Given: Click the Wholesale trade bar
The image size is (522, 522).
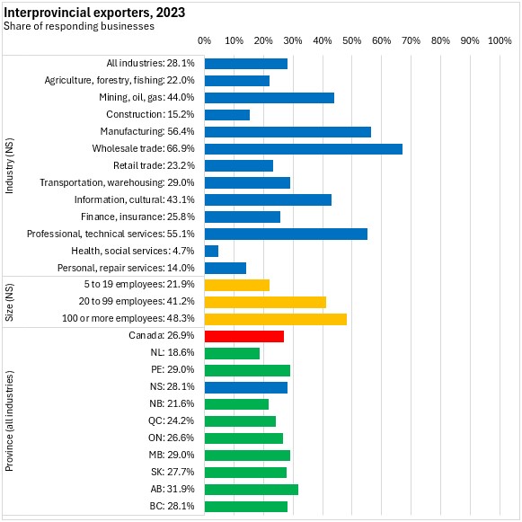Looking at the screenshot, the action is coord(304,149).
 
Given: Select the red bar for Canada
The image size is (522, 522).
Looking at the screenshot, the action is coord(244,337).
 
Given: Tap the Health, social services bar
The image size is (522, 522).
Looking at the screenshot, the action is coord(211,252).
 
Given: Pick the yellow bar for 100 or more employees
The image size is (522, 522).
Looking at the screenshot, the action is coord(276,319).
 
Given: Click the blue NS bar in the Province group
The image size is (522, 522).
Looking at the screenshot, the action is coord(246,388).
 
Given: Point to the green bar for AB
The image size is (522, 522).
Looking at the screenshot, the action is coord(252,490).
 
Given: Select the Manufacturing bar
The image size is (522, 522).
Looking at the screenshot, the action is coord(288,132).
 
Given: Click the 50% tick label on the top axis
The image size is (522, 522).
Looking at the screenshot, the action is coord(352,40).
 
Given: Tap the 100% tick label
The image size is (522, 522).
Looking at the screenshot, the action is coord(500,40).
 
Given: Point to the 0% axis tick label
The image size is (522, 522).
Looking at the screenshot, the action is coord(205,40).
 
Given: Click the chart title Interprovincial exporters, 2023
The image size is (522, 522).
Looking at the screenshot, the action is coord(94,13).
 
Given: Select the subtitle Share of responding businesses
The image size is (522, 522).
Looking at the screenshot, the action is coord(79,26).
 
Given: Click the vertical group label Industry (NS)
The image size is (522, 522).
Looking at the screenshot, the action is coord(9,166).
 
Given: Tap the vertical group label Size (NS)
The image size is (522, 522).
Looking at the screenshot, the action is coord(9,302).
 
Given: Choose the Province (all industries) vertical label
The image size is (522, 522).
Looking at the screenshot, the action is coord(9,420).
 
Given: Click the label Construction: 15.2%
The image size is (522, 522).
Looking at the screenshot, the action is coord(150,114).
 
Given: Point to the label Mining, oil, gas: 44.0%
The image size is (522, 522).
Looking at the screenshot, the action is coord(146,97).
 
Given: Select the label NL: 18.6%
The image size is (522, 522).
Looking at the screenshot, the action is coord(173,352).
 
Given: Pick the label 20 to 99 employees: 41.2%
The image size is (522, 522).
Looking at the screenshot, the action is coord(137,301).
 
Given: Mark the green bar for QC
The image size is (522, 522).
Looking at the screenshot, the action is coord(240,421).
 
